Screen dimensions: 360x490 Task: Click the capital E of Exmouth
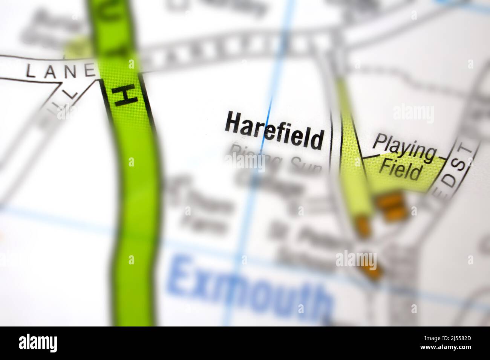tap(185, 277)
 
